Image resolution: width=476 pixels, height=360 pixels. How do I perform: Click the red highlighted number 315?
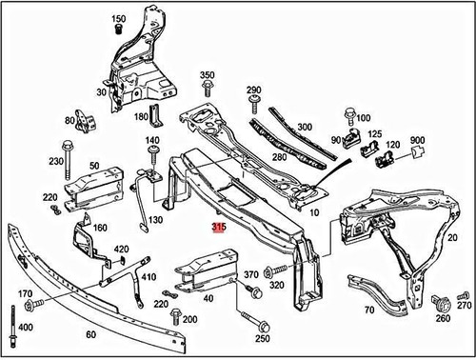219,229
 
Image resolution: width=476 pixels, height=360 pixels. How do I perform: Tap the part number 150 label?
119,19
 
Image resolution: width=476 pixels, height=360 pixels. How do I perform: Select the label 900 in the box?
417,141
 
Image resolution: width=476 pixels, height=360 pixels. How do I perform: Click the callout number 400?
25,328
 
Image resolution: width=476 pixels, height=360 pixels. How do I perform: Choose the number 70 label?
368,310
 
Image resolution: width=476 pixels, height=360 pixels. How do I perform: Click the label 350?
208,74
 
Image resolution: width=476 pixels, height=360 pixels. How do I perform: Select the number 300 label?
305,127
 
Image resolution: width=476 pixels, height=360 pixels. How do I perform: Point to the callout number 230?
56,161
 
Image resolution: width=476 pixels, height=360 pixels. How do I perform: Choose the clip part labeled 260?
441,305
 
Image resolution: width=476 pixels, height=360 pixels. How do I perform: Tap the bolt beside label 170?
31,305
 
